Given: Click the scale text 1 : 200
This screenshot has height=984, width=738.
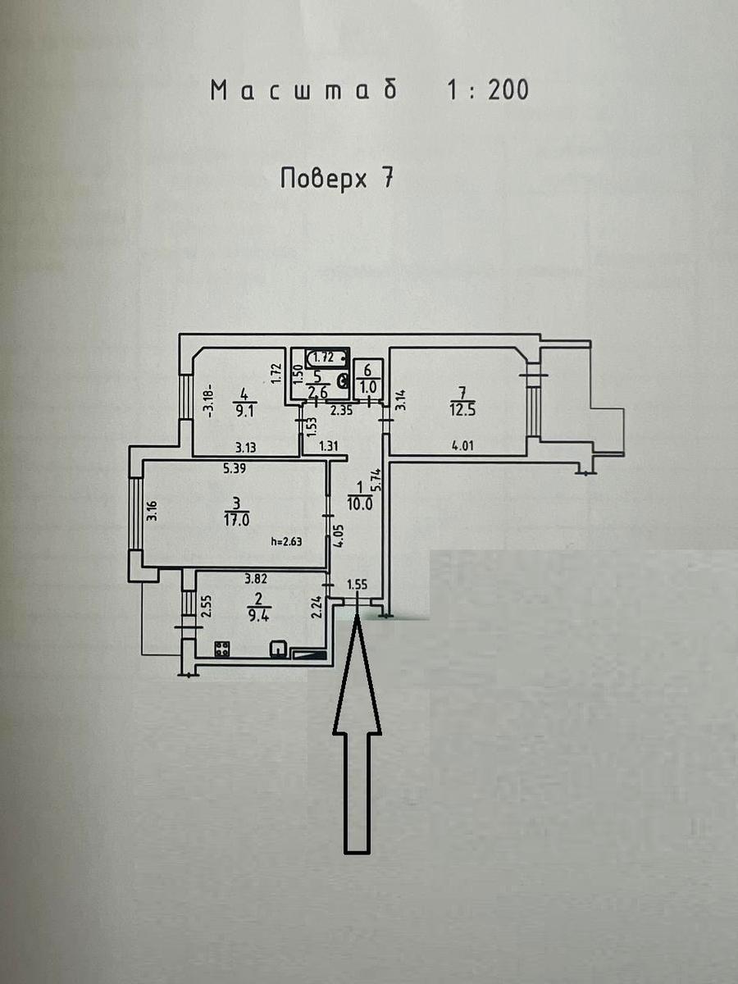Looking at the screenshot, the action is click(487, 89).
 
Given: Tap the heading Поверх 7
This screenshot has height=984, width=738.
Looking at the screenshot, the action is click(337, 179).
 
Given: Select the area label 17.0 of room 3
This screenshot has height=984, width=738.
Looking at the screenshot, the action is click(237, 520).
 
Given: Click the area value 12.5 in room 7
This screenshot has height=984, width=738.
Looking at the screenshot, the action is click(462, 410).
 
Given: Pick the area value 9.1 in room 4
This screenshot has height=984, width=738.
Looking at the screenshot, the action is click(244, 411).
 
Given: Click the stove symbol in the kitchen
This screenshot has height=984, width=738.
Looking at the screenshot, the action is click(222, 649).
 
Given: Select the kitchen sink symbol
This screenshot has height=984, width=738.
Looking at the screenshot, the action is click(278, 649).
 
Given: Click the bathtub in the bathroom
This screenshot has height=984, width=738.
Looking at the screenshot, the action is click(327, 358).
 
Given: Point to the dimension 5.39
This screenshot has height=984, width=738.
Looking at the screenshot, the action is click(235, 469).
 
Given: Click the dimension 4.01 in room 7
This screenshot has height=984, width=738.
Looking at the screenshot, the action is click(462, 446).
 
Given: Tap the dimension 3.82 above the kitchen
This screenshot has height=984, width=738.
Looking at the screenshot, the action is click(256, 579).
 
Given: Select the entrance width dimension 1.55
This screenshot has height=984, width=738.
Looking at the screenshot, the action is click(358, 585).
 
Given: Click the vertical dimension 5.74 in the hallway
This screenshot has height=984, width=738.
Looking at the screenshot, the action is click(377, 481).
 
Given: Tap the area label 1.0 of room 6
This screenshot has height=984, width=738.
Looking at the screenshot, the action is click(368, 387).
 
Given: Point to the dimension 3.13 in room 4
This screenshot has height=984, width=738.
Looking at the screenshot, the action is click(246, 447).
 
